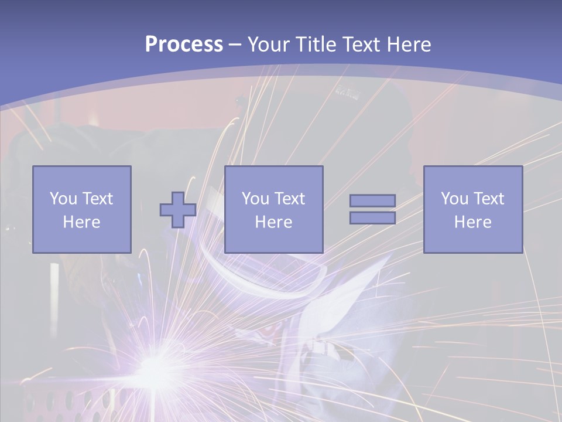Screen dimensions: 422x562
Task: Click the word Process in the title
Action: tap(184, 45)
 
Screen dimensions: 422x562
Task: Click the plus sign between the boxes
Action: tap(178, 210)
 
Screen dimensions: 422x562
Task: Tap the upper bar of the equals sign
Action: tap(372, 200)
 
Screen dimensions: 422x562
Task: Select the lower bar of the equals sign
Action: tap(372, 218)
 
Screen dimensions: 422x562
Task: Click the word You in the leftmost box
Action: tap(63, 199)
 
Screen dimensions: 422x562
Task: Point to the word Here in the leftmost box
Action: tap(81, 222)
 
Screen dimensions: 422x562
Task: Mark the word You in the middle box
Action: tap(255, 199)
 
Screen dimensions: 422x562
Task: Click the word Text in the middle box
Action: tap(289, 199)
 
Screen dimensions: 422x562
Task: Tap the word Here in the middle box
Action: tap(273, 222)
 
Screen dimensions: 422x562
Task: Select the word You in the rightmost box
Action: tap(454, 199)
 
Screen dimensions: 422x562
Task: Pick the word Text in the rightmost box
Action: tap(488, 199)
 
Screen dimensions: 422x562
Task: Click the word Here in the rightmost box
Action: tap(472, 222)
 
